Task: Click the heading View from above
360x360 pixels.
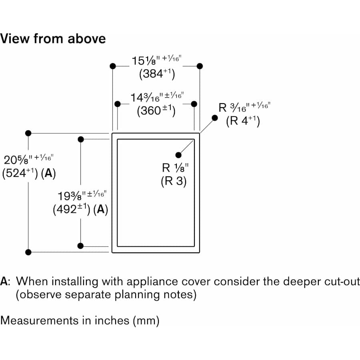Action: coord(53,39)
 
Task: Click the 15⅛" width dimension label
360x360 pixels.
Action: coord(156,60)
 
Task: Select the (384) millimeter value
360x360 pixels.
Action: coord(157,74)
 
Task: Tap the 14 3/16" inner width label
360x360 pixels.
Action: coord(156,97)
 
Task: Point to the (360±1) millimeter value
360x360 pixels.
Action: coord(156,110)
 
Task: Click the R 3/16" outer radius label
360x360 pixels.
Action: coord(244,107)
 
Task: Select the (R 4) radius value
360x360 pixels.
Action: coord(243,120)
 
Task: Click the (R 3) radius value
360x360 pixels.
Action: coord(174,181)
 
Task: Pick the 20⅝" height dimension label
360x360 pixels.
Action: coord(26,160)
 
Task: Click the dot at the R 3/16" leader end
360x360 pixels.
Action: coord(215,118)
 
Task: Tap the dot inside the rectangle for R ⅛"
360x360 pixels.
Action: coord(178,155)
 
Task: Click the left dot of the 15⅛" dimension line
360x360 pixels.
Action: coord(113,66)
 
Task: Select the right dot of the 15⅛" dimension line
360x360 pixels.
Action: coord(200,66)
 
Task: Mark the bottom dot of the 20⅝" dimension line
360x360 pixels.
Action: coord(28,252)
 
